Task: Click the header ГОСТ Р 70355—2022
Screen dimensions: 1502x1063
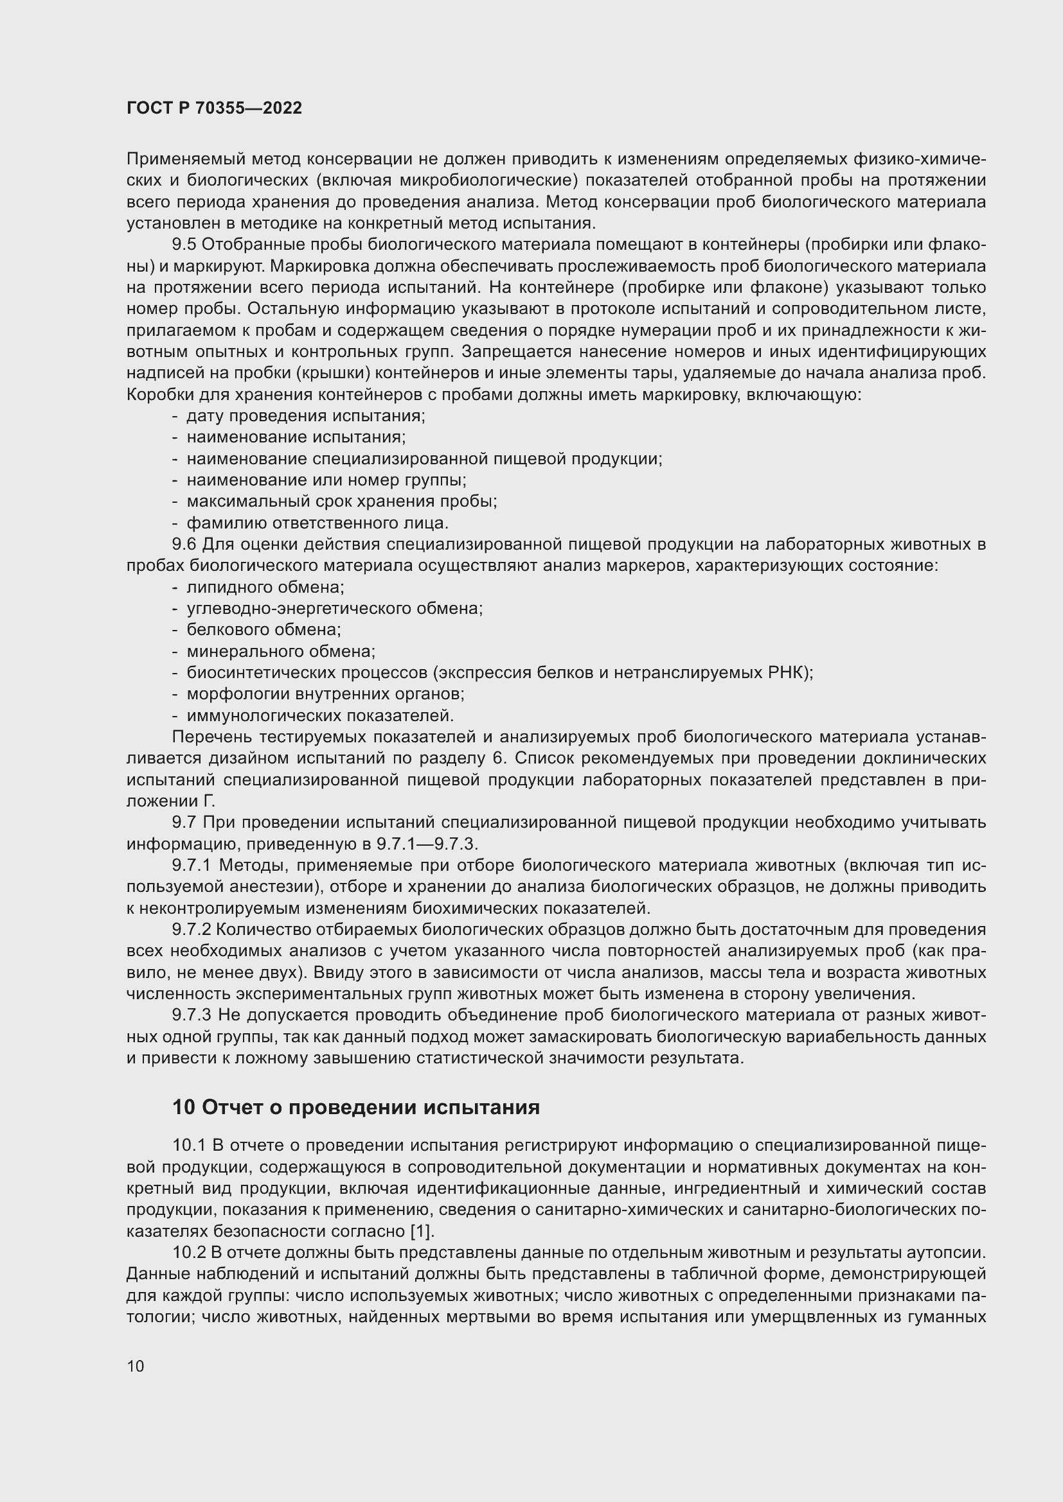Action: [x=214, y=109]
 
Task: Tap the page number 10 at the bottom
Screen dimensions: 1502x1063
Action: [x=136, y=1366]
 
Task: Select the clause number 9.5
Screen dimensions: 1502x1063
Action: [x=183, y=245]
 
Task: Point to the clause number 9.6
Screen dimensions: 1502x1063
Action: [x=183, y=545]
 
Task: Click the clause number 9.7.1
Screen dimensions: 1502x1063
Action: [x=191, y=866]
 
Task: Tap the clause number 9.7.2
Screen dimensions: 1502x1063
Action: [x=191, y=930]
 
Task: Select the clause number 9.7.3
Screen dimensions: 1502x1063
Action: [x=191, y=1015]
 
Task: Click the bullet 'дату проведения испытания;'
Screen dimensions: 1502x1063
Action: [x=306, y=416]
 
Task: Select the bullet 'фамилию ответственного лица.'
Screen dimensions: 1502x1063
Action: [x=317, y=523]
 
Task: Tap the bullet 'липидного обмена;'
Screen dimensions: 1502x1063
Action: [x=265, y=588]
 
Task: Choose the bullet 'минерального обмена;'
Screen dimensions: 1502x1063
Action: [x=281, y=652]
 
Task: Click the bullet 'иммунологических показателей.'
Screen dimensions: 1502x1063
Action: [x=320, y=715]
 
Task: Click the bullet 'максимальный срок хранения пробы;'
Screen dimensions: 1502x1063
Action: [x=342, y=502]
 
